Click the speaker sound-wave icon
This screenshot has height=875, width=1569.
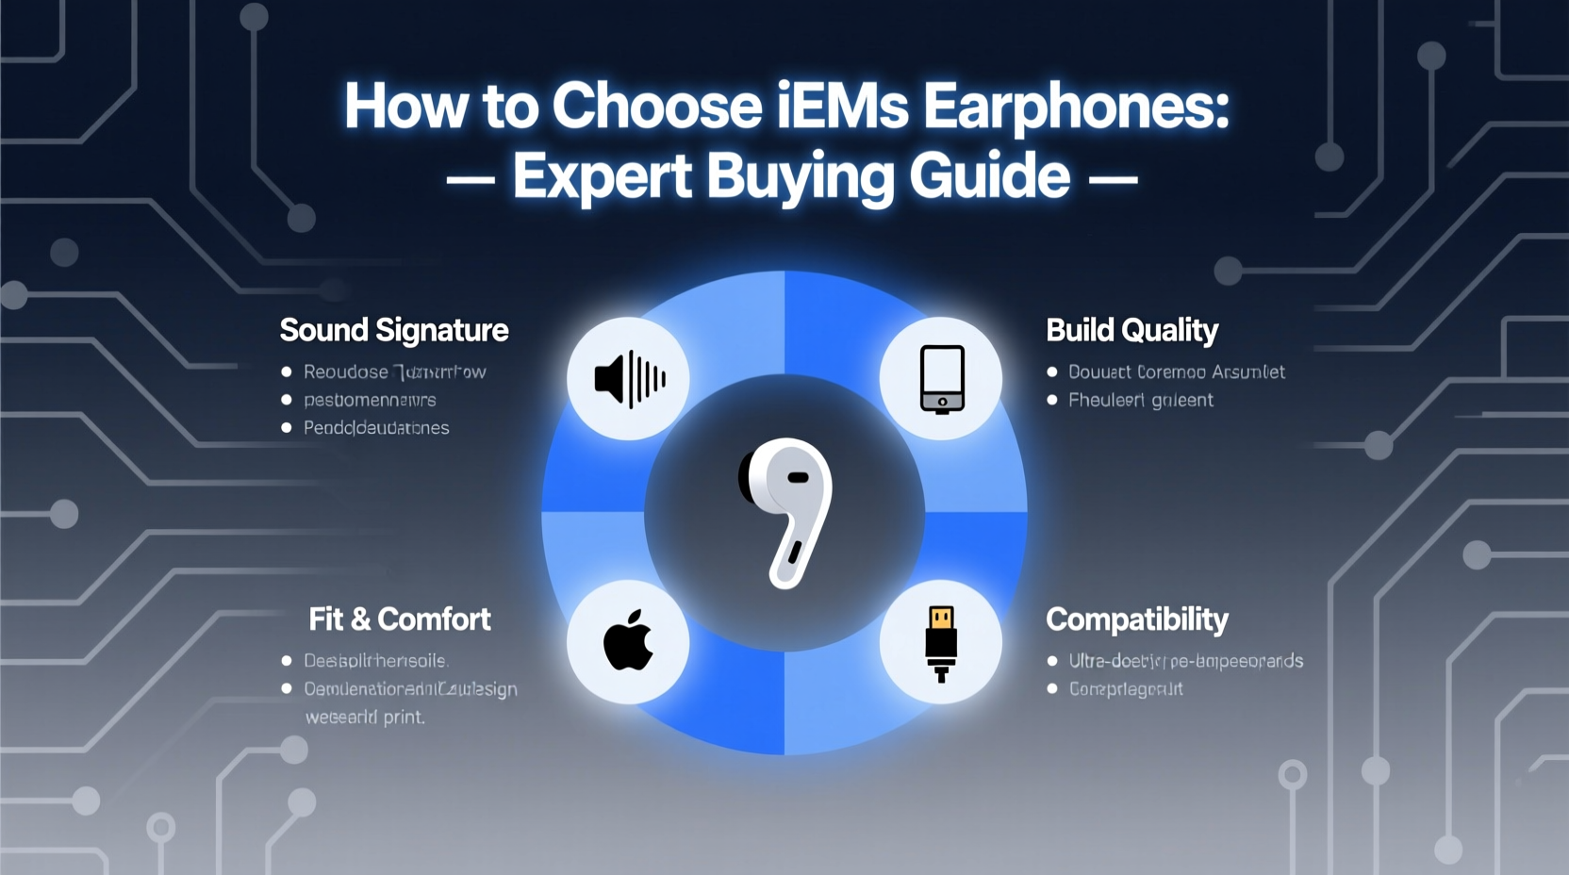629,379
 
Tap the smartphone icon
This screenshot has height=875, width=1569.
941,379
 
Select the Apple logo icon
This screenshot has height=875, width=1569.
628,641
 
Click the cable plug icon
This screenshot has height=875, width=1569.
941,643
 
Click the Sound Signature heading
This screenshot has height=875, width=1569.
394,330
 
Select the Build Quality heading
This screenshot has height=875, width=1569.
1131,330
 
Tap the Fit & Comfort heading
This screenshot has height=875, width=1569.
400,619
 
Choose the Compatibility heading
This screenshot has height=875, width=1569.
1136,619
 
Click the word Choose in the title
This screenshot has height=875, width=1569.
656,106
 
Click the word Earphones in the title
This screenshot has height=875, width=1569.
1076,106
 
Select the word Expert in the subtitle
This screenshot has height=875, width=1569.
603,176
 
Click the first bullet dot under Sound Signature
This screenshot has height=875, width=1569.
287,371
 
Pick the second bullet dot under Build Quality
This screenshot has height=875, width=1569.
1052,400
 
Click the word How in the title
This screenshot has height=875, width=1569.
405,106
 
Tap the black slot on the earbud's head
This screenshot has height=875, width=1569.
798,477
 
